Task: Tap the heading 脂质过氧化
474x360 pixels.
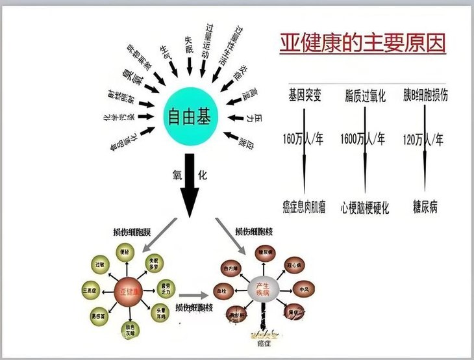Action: (x=365, y=96)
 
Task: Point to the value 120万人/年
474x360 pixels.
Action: (x=423, y=139)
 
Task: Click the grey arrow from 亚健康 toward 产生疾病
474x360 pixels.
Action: (x=195, y=294)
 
